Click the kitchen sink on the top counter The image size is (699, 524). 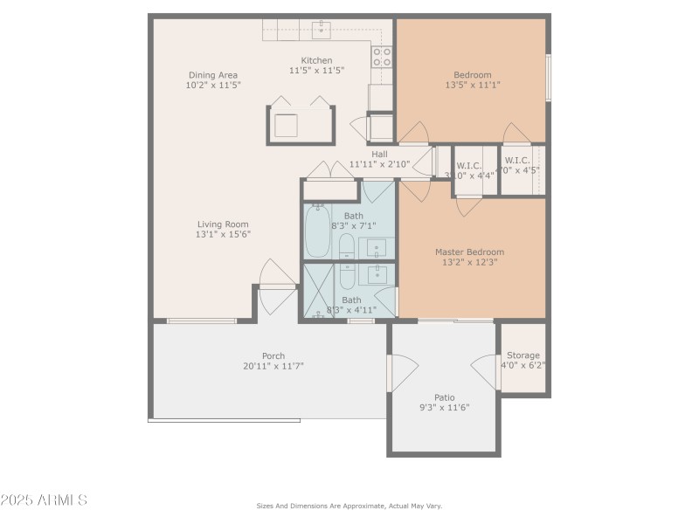click(321, 31)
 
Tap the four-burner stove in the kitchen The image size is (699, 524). click(382, 57)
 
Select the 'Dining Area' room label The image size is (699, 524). click(211, 75)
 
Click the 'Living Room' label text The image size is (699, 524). click(224, 224)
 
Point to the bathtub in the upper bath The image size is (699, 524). click(316, 229)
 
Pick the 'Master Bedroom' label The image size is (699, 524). click(469, 252)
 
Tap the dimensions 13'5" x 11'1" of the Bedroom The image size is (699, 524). click(472, 86)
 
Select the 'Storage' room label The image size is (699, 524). click(523, 355)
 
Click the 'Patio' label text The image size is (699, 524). click(445, 397)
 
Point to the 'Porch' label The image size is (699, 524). click(273, 355)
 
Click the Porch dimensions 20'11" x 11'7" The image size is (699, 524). click(273, 367)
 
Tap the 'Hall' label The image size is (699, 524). click(379, 154)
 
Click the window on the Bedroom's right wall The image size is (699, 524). click(548, 77)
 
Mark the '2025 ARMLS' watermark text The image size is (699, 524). click(44, 500)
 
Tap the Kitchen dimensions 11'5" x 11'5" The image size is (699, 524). click(316, 71)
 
